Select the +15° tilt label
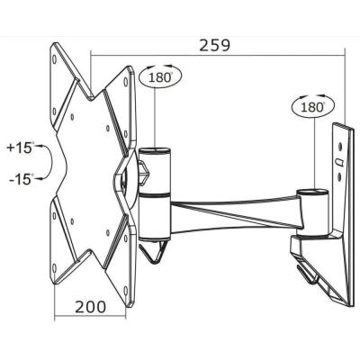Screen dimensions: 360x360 point(19,147)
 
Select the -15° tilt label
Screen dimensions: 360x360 point(19,178)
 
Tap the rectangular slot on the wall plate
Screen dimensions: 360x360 point(338,163)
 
